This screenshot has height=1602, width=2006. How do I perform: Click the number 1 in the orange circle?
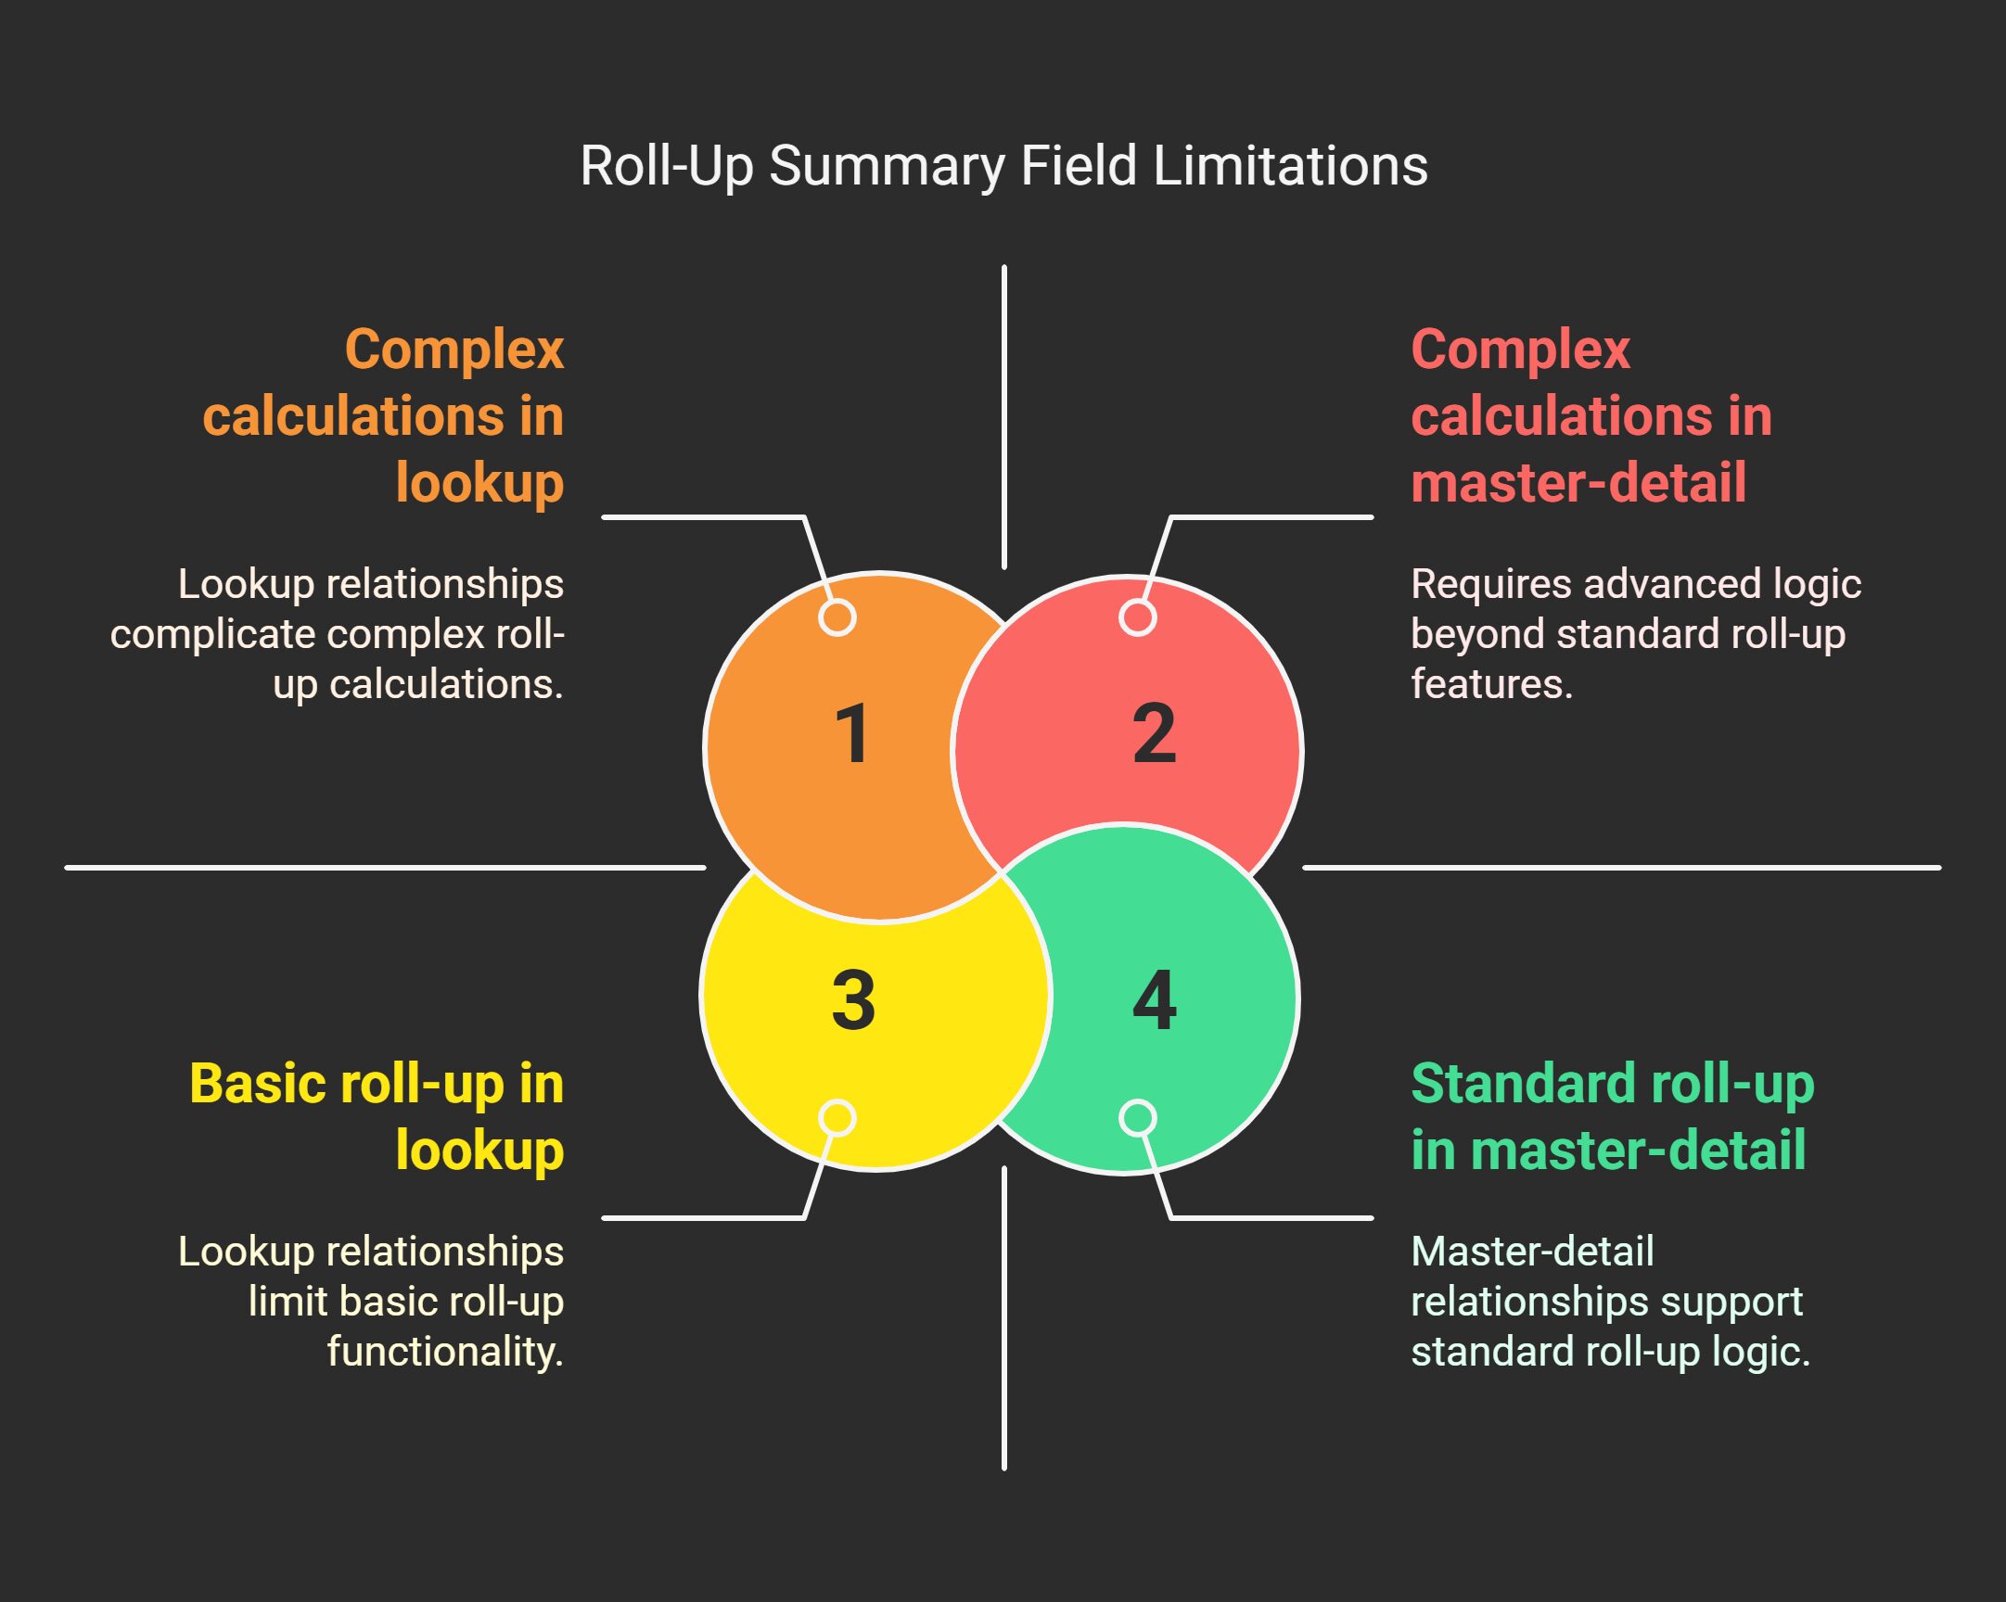[852, 734]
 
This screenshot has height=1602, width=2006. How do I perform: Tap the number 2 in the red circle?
[1154, 734]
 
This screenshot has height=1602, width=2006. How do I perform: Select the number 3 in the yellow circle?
[853, 1001]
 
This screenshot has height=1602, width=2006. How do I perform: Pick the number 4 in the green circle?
[1155, 1001]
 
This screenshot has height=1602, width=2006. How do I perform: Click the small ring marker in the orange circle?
[837, 617]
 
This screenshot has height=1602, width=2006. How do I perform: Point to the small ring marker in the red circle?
[1138, 617]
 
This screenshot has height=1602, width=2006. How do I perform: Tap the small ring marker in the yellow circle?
[838, 1118]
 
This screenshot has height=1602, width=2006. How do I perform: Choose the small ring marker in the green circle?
[1138, 1118]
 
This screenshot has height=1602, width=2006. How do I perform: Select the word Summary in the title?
[887, 168]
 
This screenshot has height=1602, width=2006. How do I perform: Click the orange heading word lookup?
[479, 483]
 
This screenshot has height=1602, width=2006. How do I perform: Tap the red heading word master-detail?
[1578, 483]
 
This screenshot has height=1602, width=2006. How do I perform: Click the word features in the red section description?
[1489, 685]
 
